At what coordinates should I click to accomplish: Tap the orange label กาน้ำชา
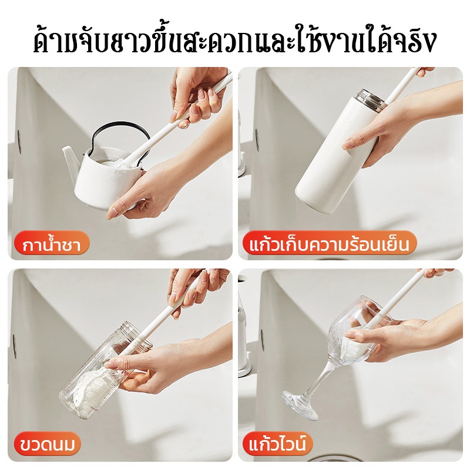click(52, 245)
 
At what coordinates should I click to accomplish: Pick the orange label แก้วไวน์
click(277, 445)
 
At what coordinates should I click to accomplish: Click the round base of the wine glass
click(299, 403)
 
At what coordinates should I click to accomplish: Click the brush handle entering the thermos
click(402, 85)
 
